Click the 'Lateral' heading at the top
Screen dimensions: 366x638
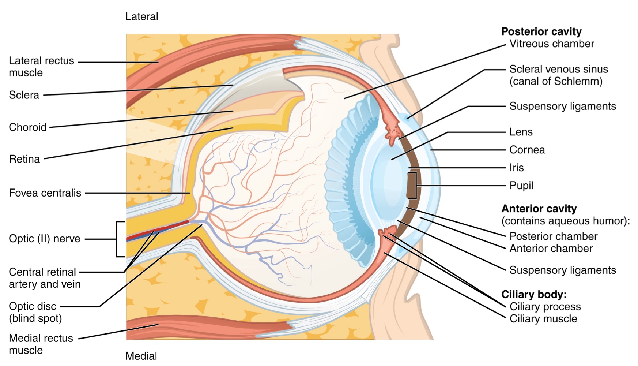click(141, 16)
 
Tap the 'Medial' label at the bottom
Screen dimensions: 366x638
click(141, 356)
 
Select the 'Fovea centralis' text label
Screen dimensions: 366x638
click(45, 193)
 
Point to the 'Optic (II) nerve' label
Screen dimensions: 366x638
click(45, 239)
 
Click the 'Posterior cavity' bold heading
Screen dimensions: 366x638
click(541, 31)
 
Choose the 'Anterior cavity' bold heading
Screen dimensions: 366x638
click(539, 209)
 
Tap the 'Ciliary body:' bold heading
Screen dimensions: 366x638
click(534, 294)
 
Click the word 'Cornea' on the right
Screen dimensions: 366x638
click(527, 150)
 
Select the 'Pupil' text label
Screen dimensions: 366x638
click(521, 186)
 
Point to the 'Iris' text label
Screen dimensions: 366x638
click(517, 168)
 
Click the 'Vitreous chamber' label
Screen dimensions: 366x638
click(552, 44)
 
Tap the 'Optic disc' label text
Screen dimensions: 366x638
click(33, 306)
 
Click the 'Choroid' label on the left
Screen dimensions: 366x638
click(28, 127)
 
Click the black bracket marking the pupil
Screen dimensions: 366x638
click(415, 186)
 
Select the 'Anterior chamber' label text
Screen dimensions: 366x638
click(551, 249)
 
